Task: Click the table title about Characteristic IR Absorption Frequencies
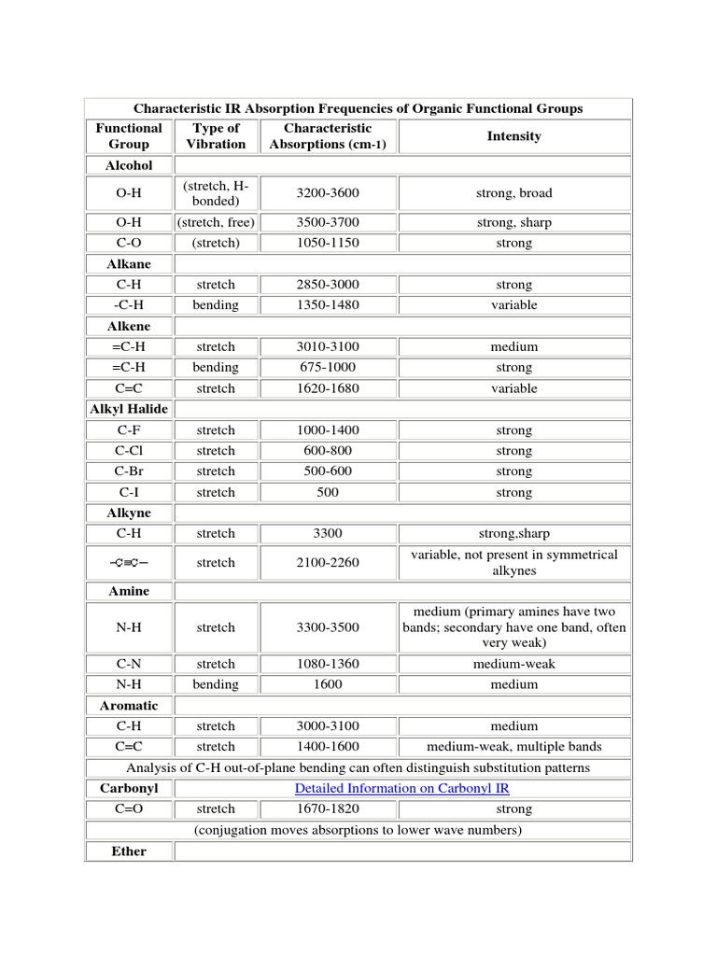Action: click(358, 108)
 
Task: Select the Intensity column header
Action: click(513, 136)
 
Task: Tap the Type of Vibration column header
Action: click(216, 136)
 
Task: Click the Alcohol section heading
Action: click(129, 165)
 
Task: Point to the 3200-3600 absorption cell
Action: click(328, 193)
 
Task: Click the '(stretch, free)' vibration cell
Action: click(216, 222)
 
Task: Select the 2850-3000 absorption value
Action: click(328, 285)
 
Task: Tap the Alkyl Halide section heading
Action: click(129, 409)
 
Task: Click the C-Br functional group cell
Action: click(129, 471)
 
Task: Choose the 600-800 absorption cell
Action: click(328, 451)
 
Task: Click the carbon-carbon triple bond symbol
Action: click(129, 562)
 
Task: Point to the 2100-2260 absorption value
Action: click(328, 562)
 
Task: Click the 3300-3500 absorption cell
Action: click(328, 627)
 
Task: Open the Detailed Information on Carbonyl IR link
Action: click(401, 788)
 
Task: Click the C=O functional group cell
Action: click(129, 808)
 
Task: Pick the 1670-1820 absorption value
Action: click(328, 808)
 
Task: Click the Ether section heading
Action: click(129, 851)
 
